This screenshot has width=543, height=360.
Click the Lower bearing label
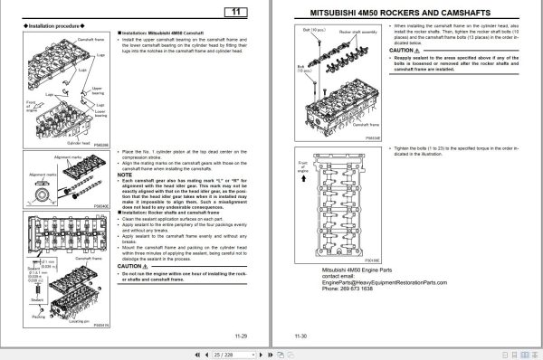(x=99, y=118)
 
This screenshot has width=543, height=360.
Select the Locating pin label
(x=88, y=321)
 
